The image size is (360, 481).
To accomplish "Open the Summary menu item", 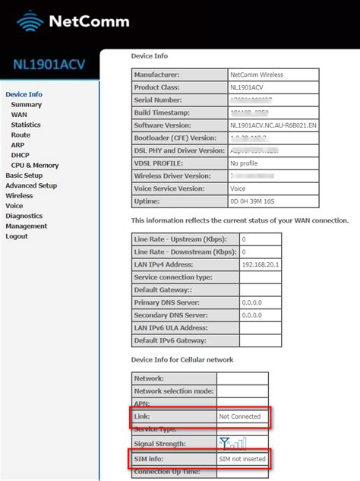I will (x=27, y=105).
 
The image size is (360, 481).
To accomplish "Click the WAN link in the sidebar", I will (x=19, y=115).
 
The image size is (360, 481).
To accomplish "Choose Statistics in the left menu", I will (x=26, y=125).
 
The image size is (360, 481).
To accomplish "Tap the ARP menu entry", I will (x=18, y=145).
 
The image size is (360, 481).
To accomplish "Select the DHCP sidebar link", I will (x=21, y=155).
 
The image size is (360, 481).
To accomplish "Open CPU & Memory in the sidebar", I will (x=35, y=165).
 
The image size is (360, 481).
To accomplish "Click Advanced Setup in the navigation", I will (x=31, y=185).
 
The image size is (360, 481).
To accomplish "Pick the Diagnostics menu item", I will (x=24, y=216).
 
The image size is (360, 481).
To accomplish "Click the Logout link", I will (x=17, y=236).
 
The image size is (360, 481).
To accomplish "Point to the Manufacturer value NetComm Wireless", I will (x=257, y=75).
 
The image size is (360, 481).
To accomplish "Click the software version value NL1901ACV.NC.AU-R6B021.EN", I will (x=272, y=125).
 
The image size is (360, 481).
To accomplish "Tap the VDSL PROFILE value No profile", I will (x=245, y=163).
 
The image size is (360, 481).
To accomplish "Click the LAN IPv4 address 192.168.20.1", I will (x=260, y=264).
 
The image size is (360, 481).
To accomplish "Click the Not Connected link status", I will (x=239, y=416).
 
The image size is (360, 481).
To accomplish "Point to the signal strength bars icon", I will (x=232, y=442).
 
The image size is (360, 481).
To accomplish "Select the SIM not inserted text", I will (x=242, y=460).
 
